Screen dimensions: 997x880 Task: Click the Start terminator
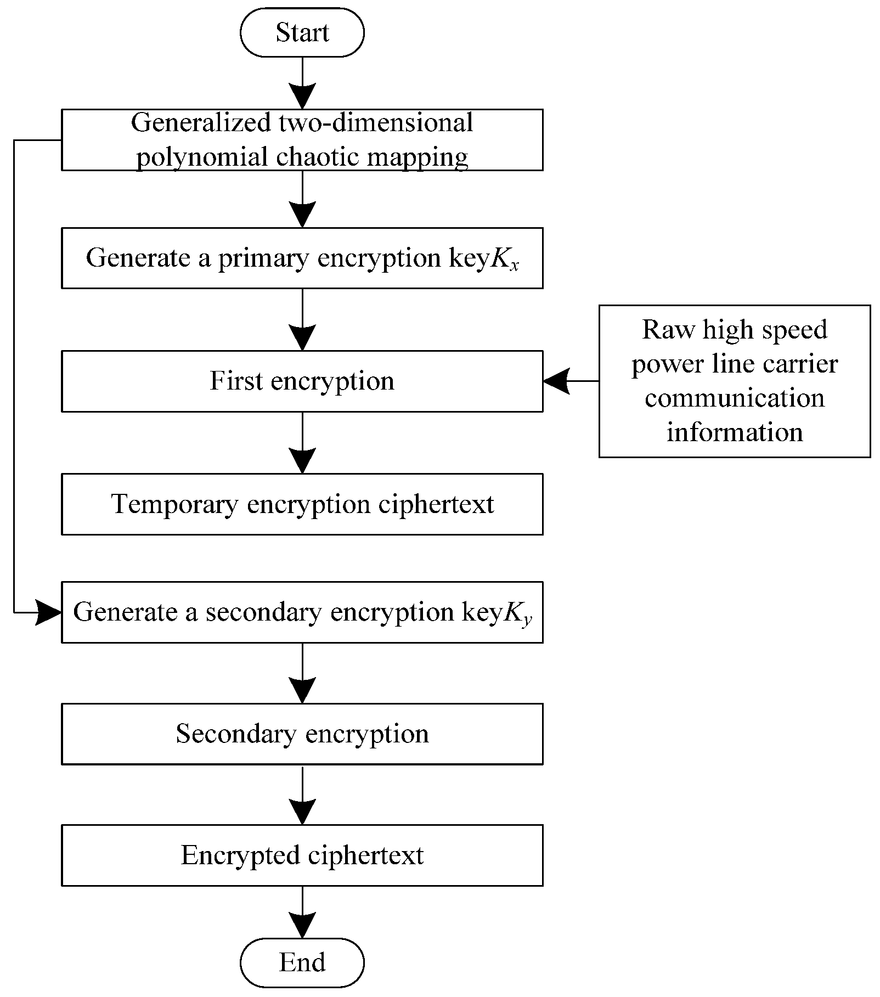pos(302,32)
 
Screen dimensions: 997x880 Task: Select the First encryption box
pos(302,381)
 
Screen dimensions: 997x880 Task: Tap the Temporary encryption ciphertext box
pos(302,504)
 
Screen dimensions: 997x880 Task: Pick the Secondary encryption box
pos(302,734)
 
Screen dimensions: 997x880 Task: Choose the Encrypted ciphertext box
pos(302,855)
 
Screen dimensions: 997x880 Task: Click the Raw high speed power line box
pos(734,381)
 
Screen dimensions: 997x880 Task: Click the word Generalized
pos(200,122)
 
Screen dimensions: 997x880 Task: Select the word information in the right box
pos(734,432)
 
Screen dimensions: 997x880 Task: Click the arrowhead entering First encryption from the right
pos(555,381)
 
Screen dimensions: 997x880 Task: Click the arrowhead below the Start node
pos(302,97)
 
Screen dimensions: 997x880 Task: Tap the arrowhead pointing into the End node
pos(302,926)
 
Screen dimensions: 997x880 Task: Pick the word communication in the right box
pos(734,398)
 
